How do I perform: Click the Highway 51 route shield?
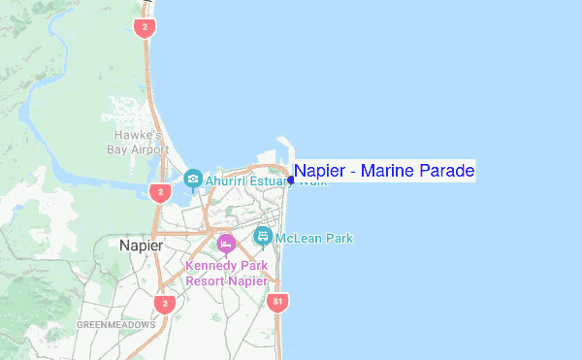pos(278,303)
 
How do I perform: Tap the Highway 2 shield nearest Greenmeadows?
pos(164,305)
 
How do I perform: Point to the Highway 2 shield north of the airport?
pos(144,27)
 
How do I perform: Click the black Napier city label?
pos(140,245)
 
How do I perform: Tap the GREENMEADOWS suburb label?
pos(115,324)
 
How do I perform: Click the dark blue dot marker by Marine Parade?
pos(291,180)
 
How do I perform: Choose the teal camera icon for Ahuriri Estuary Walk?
pos(193,179)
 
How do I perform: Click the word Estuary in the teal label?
pos(273,180)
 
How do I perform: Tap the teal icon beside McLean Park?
pos(262,236)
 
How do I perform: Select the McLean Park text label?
pos(314,238)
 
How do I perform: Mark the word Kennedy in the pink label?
pos(210,265)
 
